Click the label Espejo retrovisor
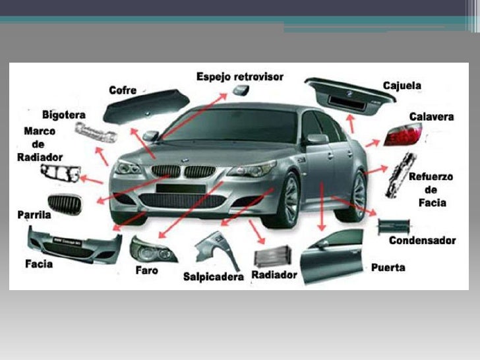click(240, 76)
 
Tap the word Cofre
click(123, 90)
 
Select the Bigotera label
click(63, 115)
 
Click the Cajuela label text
click(402, 86)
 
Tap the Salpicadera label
click(214, 277)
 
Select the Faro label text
click(146, 270)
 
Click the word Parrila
click(34, 215)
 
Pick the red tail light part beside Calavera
click(402, 135)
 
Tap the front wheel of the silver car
click(288, 198)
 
